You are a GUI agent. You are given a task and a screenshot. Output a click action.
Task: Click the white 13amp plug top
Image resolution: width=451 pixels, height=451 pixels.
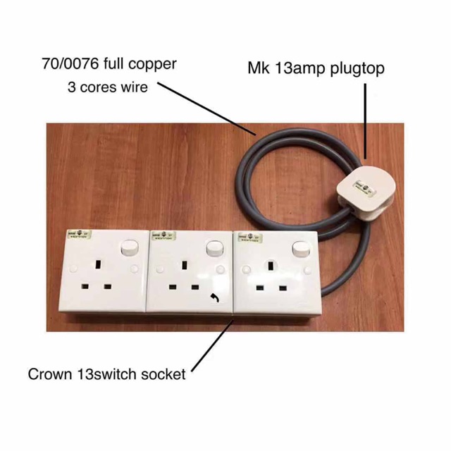coord(367,188)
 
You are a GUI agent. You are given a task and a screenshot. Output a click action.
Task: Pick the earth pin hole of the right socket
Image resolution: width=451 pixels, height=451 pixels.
coord(269,266)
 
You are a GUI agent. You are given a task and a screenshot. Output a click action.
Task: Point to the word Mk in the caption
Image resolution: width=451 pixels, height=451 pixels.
coord(257,69)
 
